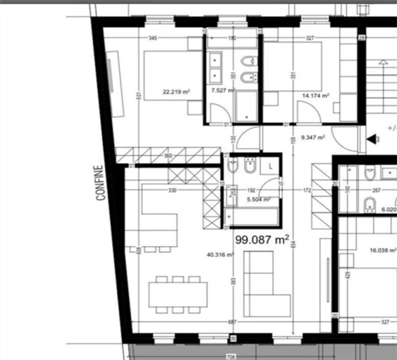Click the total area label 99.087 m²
tap(262, 240)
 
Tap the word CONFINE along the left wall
tap(100, 183)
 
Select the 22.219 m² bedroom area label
tap(176, 91)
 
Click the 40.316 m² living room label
tap(220, 255)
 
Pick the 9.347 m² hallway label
tap(312, 137)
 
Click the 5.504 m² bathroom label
tap(258, 199)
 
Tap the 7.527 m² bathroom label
tap(223, 90)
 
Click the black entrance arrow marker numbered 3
tap(372, 139)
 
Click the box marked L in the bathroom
tap(270, 166)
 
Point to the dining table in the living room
tap(178, 295)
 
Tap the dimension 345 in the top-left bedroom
tap(153, 38)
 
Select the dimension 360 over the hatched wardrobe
tap(168, 156)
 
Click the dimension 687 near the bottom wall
tap(232, 322)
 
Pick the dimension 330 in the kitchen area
tap(172, 190)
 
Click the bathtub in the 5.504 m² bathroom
tap(251, 217)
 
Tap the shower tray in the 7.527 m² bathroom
tap(246, 106)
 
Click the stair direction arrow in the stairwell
tap(383, 63)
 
